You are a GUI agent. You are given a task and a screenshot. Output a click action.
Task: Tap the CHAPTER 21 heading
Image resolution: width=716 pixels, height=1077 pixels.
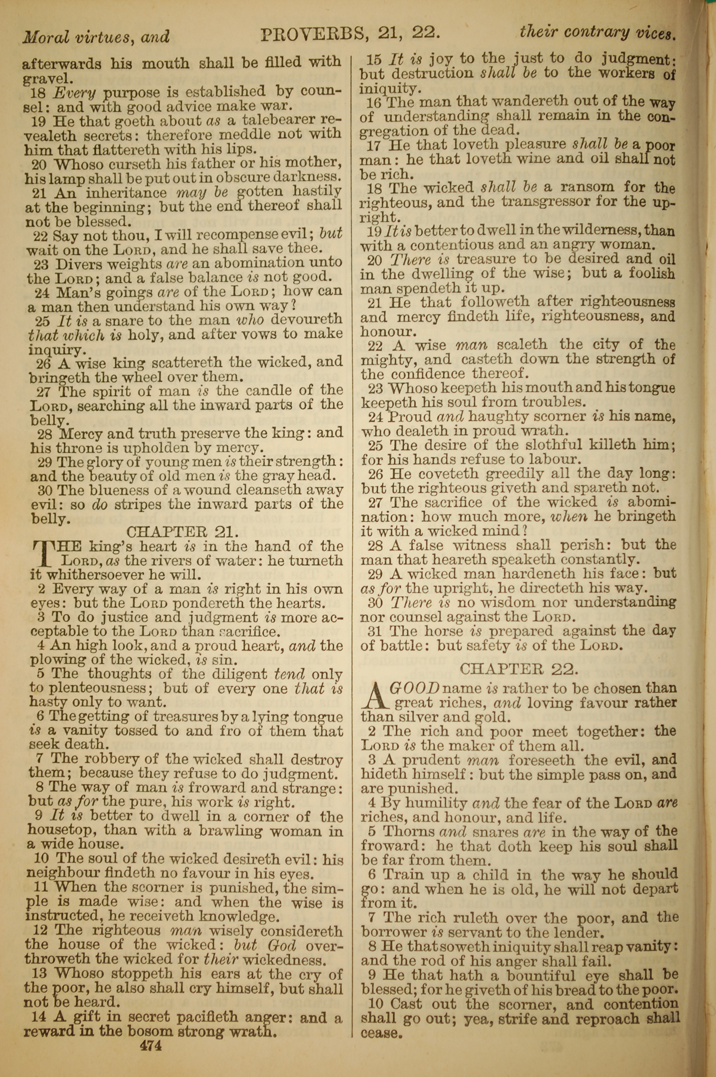(x=182, y=532)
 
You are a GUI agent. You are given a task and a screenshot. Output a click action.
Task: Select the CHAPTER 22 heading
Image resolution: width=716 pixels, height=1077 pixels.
(x=519, y=669)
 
